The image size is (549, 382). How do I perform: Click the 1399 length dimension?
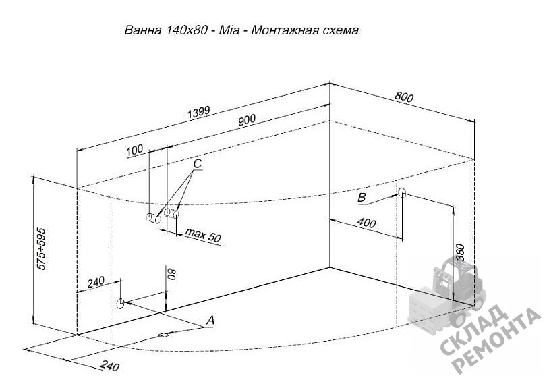pyautogui.click(x=199, y=112)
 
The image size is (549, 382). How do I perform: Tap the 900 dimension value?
pyautogui.click(x=247, y=120)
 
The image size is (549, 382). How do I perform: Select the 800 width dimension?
pyautogui.click(x=404, y=97)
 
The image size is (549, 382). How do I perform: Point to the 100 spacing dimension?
pyautogui.click(x=135, y=150)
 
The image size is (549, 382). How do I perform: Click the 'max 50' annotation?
pyautogui.click(x=203, y=235)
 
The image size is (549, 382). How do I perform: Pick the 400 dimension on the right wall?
pyautogui.click(x=367, y=223)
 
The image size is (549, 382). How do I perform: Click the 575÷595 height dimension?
pyautogui.click(x=41, y=249)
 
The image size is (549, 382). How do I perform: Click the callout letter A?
pyautogui.click(x=210, y=320)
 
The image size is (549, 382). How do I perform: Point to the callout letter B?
pyautogui.click(x=362, y=197)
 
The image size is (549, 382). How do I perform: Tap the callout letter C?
pyautogui.click(x=198, y=163)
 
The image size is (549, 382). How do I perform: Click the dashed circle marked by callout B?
pyautogui.click(x=402, y=192)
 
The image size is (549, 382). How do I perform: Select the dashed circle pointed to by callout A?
pyautogui.click(x=120, y=303)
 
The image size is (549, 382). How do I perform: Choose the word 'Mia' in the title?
pyautogui.click(x=229, y=30)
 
